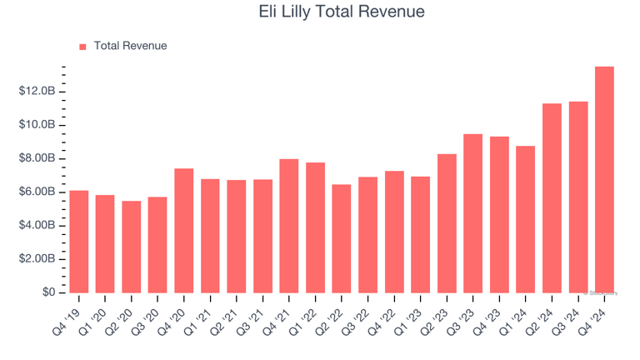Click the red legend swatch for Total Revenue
[82, 47]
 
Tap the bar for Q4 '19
[79, 242]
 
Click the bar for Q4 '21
[289, 226]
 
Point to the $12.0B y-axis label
[37, 91]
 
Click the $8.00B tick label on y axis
[37, 158]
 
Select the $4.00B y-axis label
[37, 226]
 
